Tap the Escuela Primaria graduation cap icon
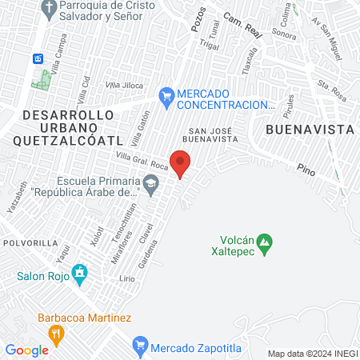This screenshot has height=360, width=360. click(150, 186)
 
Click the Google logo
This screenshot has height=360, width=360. click(26, 350)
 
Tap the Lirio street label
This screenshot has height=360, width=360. click(126, 278)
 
